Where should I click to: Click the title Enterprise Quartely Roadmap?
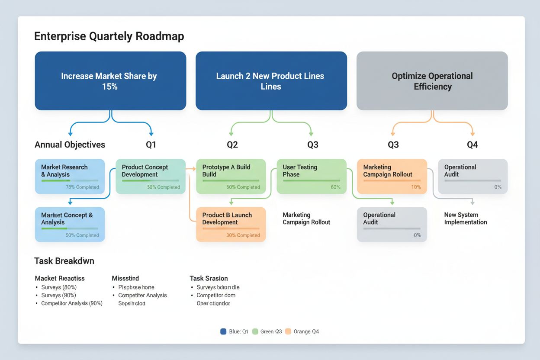[109, 36]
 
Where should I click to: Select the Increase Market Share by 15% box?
[110, 81]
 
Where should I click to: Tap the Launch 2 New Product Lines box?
[271, 81]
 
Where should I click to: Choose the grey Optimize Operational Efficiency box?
[432, 81]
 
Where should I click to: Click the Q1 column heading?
[151, 145]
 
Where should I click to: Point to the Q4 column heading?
[472, 145]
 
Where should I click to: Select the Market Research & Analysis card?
[70, 176]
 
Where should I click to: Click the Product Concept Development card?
[150, 176]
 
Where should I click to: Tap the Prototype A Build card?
[231, 176]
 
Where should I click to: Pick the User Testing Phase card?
[311, 176]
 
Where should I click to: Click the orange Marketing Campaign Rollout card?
[392, 176]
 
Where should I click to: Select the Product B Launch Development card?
[231, 224]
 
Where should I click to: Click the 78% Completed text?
[82, 187]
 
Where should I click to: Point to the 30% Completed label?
[243, 235]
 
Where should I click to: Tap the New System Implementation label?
[466, 219]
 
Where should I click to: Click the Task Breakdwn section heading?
[64, 261]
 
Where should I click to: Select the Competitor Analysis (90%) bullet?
[71, 303]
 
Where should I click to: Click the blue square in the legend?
[223, 331]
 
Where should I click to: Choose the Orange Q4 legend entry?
[302, 331]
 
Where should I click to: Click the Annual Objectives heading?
[70, 145]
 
